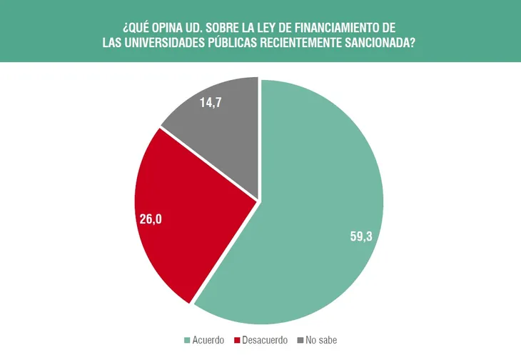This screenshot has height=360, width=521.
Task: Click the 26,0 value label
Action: coord(151,219)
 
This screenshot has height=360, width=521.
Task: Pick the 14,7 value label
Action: coord(212,102)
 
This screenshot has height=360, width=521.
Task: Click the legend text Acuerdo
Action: coord(208,340)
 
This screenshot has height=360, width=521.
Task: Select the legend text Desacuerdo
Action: coord(265,340)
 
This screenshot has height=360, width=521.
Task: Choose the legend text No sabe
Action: coord(321,340)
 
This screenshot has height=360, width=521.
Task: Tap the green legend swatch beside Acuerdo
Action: coord(188,340)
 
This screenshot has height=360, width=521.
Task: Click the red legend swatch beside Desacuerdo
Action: coord(237,340)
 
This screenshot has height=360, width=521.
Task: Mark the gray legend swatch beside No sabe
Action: coord(300,340)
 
